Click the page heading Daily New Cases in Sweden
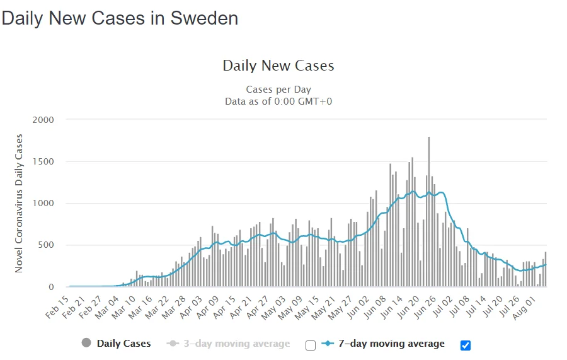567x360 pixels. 120,18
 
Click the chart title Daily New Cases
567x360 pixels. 278,66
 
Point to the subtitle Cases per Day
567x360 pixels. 278,90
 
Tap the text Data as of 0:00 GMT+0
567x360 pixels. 278,101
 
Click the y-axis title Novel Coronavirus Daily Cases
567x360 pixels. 19,203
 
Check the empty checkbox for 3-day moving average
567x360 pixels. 310,345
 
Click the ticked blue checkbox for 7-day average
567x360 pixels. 466,345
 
